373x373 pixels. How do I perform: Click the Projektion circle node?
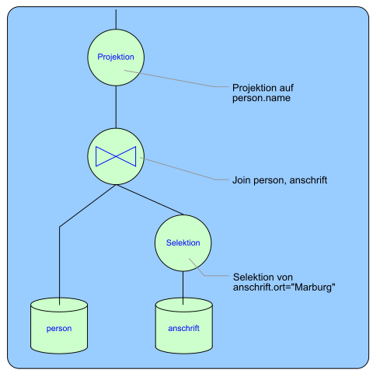tap(116, 58)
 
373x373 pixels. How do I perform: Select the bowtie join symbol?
tap(116, 156)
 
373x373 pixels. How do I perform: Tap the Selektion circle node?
tap(183, 243)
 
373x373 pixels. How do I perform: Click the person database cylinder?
tap(59, 326)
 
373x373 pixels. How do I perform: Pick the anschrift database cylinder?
tap(184, 326)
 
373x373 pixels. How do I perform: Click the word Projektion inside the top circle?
tap(116, 57)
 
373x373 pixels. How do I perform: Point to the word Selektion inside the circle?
tap(183, 242)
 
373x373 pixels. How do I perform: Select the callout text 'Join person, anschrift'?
tap(280, 180)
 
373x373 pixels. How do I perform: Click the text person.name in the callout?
tap(261, 98)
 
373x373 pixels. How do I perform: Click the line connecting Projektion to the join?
tap(116, 107)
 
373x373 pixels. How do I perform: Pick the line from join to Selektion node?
tap(150, 200)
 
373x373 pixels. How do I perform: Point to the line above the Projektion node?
tap(116, 19)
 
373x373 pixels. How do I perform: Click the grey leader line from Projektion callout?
tap(176, 78)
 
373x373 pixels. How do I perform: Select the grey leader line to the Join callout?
tap(184, 169)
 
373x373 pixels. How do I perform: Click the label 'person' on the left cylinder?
tap(59, 329)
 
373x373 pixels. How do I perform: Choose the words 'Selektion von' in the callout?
tap(263, 277)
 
